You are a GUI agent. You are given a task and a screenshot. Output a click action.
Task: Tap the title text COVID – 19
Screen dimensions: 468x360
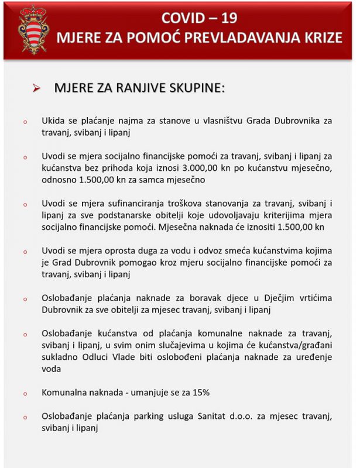tap(198, 18)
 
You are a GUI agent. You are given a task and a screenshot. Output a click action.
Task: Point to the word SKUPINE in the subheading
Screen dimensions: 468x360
tap(196, 88)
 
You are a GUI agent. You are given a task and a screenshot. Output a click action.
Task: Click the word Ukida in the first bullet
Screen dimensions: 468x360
tap(53, 121)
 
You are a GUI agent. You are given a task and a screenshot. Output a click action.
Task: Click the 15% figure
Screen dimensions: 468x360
tap(198, 393)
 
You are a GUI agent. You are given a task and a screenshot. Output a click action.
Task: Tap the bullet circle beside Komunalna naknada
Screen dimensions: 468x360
tap(25, 394)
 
